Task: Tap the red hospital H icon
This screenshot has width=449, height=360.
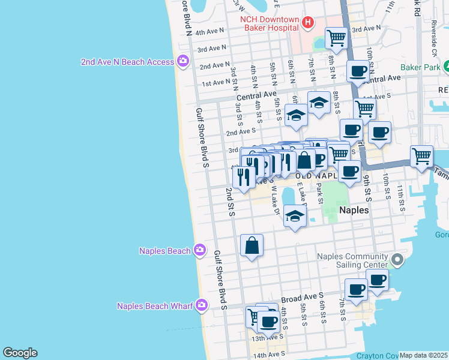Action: (308, 23)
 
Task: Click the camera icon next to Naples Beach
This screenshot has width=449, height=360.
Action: (200, 251)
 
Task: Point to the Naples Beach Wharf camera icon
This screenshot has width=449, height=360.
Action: (202, 306)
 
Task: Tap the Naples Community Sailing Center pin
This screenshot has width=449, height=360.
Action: (396, 260)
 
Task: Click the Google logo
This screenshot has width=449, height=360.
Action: (20, 353)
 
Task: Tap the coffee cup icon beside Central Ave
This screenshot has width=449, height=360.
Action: (358, 71)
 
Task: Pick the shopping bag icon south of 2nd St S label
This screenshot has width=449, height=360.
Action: (252, 245)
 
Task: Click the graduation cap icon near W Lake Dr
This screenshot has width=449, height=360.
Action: (295, 216)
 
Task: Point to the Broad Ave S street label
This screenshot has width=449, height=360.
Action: (302, 297)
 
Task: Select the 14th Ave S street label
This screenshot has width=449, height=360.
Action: (268, 355)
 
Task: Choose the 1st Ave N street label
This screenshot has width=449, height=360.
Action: (215, 82)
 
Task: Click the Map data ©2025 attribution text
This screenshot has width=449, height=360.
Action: (423, 355)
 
